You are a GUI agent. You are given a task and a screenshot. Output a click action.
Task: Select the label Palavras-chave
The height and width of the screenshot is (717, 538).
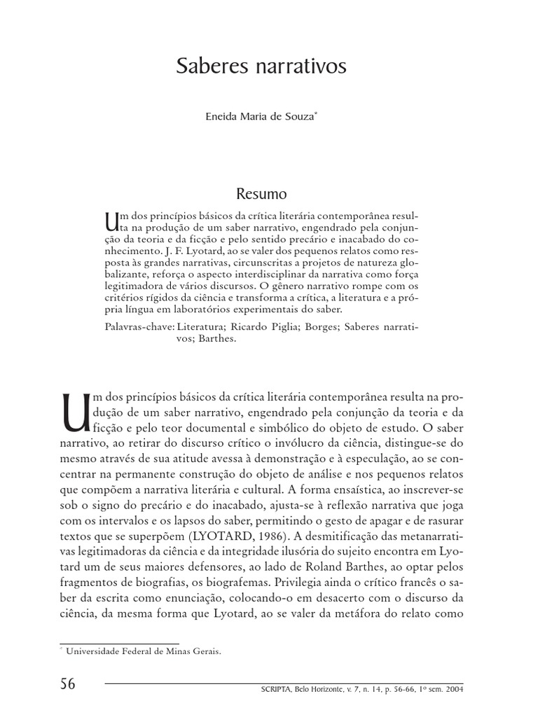[x=138, y=326]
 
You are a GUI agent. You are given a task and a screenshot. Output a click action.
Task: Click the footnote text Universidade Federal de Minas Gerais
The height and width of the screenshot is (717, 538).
[x=144, y=651]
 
